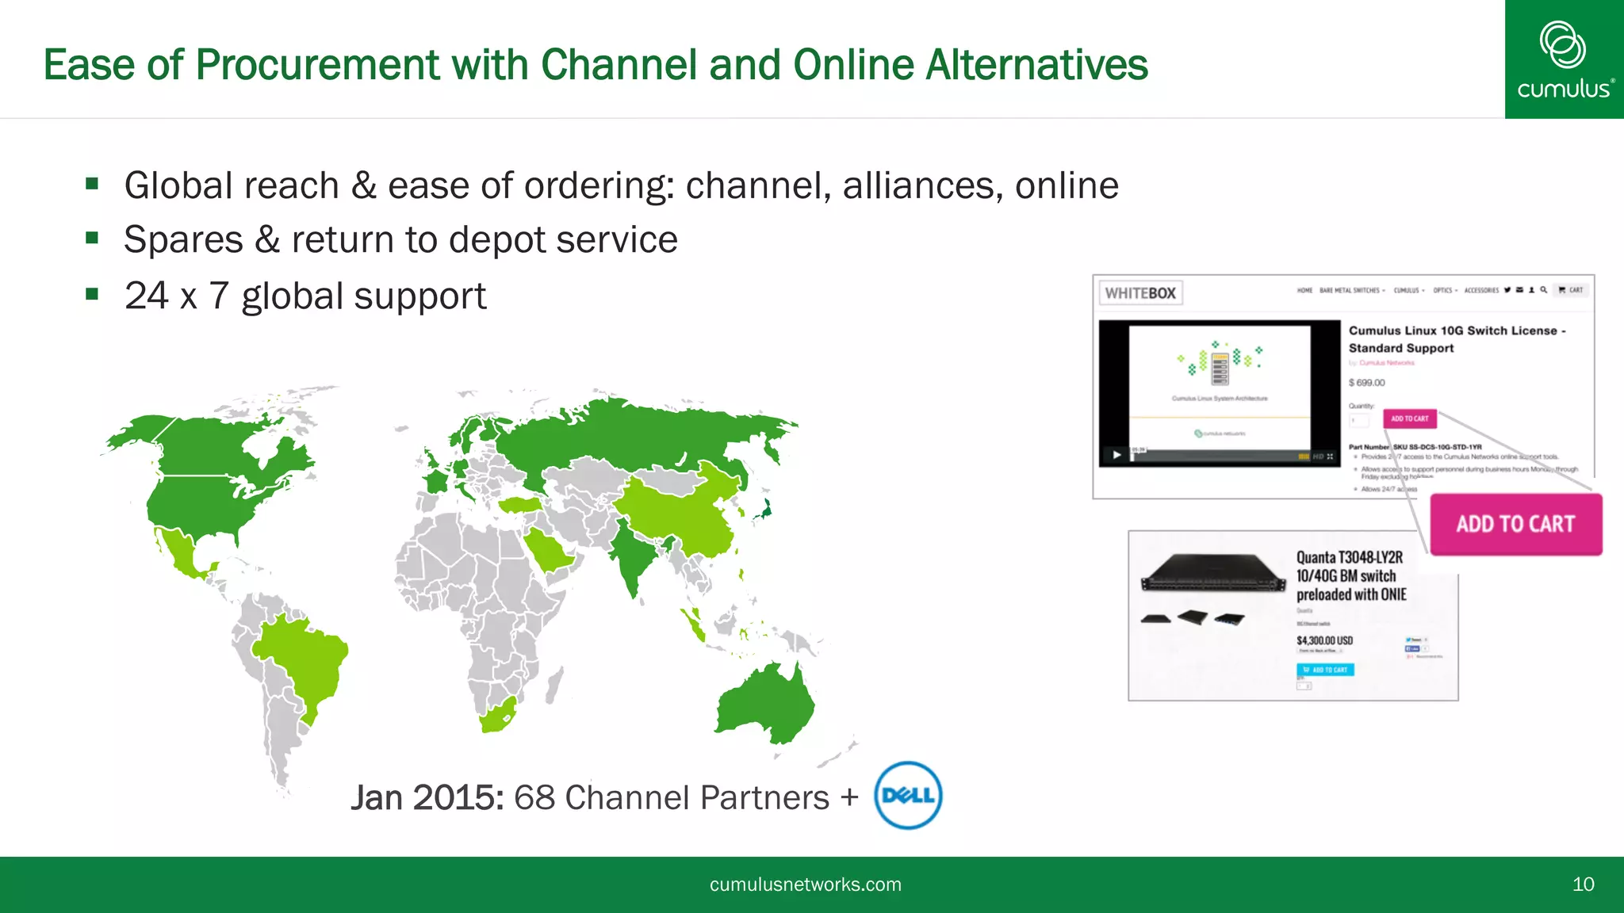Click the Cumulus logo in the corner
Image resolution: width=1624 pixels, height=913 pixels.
[x=1564, y=59]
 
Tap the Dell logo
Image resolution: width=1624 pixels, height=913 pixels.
[x=908, y=795]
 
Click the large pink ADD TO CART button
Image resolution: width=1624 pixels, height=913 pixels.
[x=1515, y=524]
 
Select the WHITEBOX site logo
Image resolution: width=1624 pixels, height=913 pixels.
[x=1140, y=293]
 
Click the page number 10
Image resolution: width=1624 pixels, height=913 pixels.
[x=1583, y=884]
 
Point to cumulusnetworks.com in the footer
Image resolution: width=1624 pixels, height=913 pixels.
[x=805, y=884]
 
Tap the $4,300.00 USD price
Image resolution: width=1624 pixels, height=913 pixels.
[x=1324, y=640]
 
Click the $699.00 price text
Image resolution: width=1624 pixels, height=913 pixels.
[x=1366, y=383]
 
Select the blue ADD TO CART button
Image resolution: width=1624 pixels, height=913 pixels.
[x=1325, y=670]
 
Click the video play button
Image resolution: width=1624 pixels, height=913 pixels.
[x=1116, y=455]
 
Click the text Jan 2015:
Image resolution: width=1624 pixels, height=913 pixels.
[x=427, y=798]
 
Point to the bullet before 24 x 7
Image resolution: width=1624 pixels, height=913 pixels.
[x=93, y=295]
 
